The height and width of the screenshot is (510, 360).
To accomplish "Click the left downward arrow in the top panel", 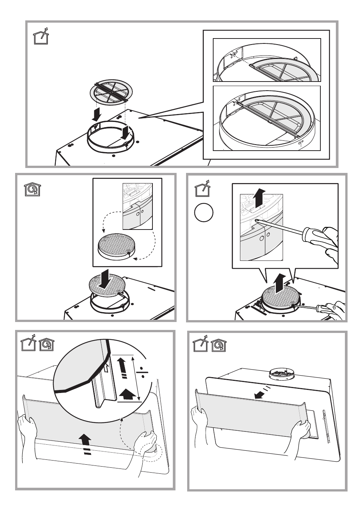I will pyautogui.click(x=97, y=114).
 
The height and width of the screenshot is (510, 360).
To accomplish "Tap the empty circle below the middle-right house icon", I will pyautogui.click(x=204, y=213).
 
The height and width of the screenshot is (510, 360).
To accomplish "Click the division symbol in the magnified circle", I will pyautogui.click(x=142, y=373).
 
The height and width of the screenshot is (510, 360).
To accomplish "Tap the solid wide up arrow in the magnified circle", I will pyautogui.click(x=127, y=395).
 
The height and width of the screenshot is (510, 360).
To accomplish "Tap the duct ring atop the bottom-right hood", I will pyautogui.click(x=282, y=374).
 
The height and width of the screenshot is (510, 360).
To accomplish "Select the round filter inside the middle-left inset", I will pyautogui.click(x=114, y=246).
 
